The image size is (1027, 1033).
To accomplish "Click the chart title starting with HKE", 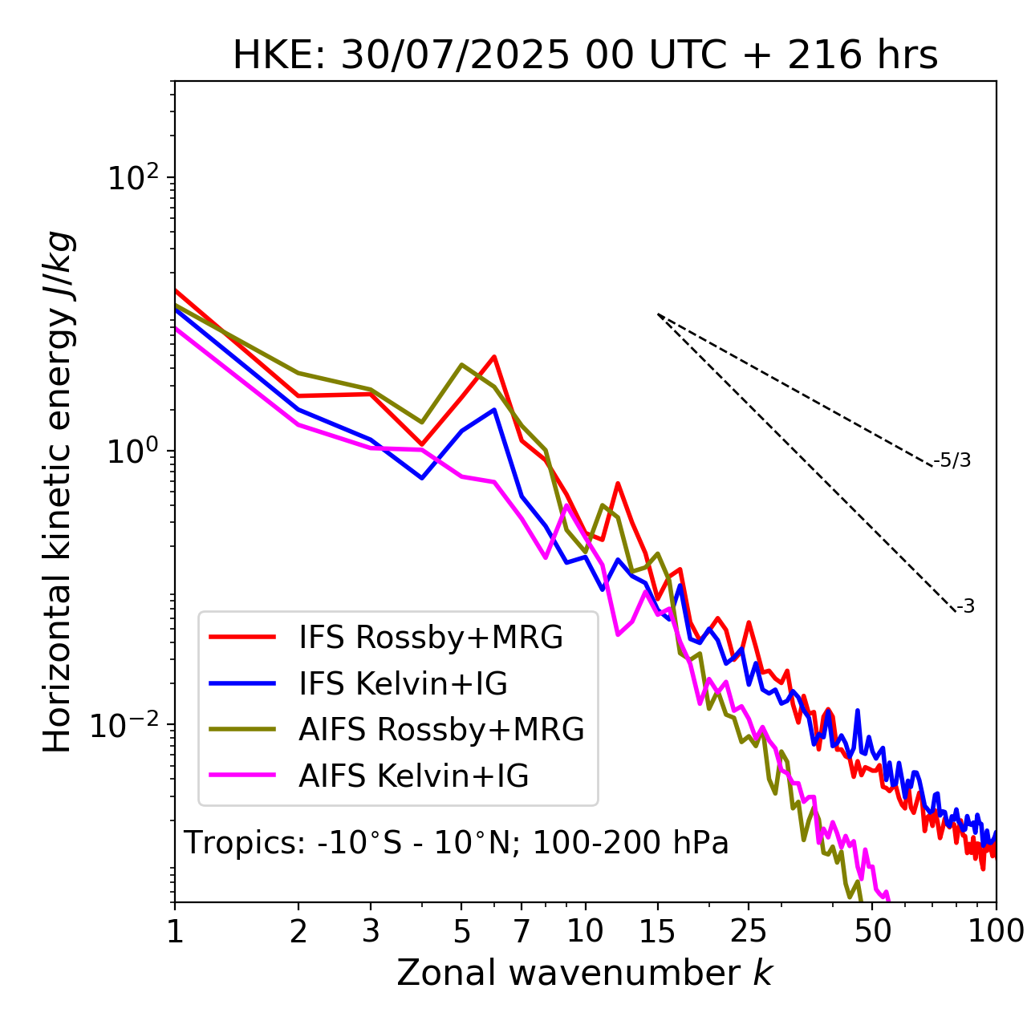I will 585,56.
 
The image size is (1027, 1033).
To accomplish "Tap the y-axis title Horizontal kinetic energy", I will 59,492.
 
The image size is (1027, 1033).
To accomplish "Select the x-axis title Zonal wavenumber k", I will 585,973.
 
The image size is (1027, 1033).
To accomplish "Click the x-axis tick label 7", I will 522,932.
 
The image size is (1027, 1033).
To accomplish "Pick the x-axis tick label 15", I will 658,932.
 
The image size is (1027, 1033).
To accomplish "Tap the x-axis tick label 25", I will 749,932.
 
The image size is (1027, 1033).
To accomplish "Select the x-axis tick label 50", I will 873,932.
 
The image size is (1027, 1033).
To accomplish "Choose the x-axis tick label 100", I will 996,932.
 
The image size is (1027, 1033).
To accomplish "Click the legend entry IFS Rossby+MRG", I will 430,637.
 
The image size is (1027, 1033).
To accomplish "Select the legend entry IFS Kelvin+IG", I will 403,683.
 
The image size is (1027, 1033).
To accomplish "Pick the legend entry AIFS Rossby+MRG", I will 441,730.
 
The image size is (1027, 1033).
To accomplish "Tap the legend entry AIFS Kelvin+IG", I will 413,776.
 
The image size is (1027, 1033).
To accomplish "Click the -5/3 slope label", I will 952,460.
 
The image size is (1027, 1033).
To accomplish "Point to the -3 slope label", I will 965,607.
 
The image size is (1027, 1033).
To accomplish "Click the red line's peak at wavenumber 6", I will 494,357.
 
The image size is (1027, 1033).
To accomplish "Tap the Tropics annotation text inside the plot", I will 457,844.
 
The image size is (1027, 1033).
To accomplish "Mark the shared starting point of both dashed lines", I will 658,314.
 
